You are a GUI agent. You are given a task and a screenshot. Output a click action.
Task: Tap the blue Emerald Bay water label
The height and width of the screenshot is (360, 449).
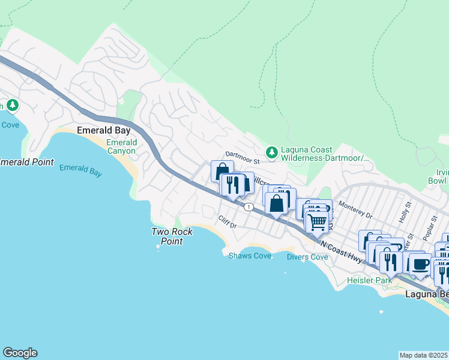80,170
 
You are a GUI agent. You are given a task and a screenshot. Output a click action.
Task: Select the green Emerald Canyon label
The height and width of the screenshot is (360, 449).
121,147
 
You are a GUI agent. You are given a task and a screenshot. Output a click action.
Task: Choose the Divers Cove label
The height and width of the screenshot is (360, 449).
307,257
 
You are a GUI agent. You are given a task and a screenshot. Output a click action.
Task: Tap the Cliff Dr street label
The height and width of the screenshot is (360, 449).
228,222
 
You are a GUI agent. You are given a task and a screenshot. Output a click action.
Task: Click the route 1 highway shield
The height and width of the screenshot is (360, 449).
248,206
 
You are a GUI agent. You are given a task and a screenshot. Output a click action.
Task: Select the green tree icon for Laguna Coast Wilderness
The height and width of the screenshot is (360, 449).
272,152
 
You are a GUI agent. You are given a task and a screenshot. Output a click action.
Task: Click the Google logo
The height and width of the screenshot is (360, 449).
20,353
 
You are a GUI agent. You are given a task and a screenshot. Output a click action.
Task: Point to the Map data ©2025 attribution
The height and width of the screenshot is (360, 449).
424,355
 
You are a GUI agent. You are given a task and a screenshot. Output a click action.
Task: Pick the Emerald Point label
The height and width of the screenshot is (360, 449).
27,162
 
